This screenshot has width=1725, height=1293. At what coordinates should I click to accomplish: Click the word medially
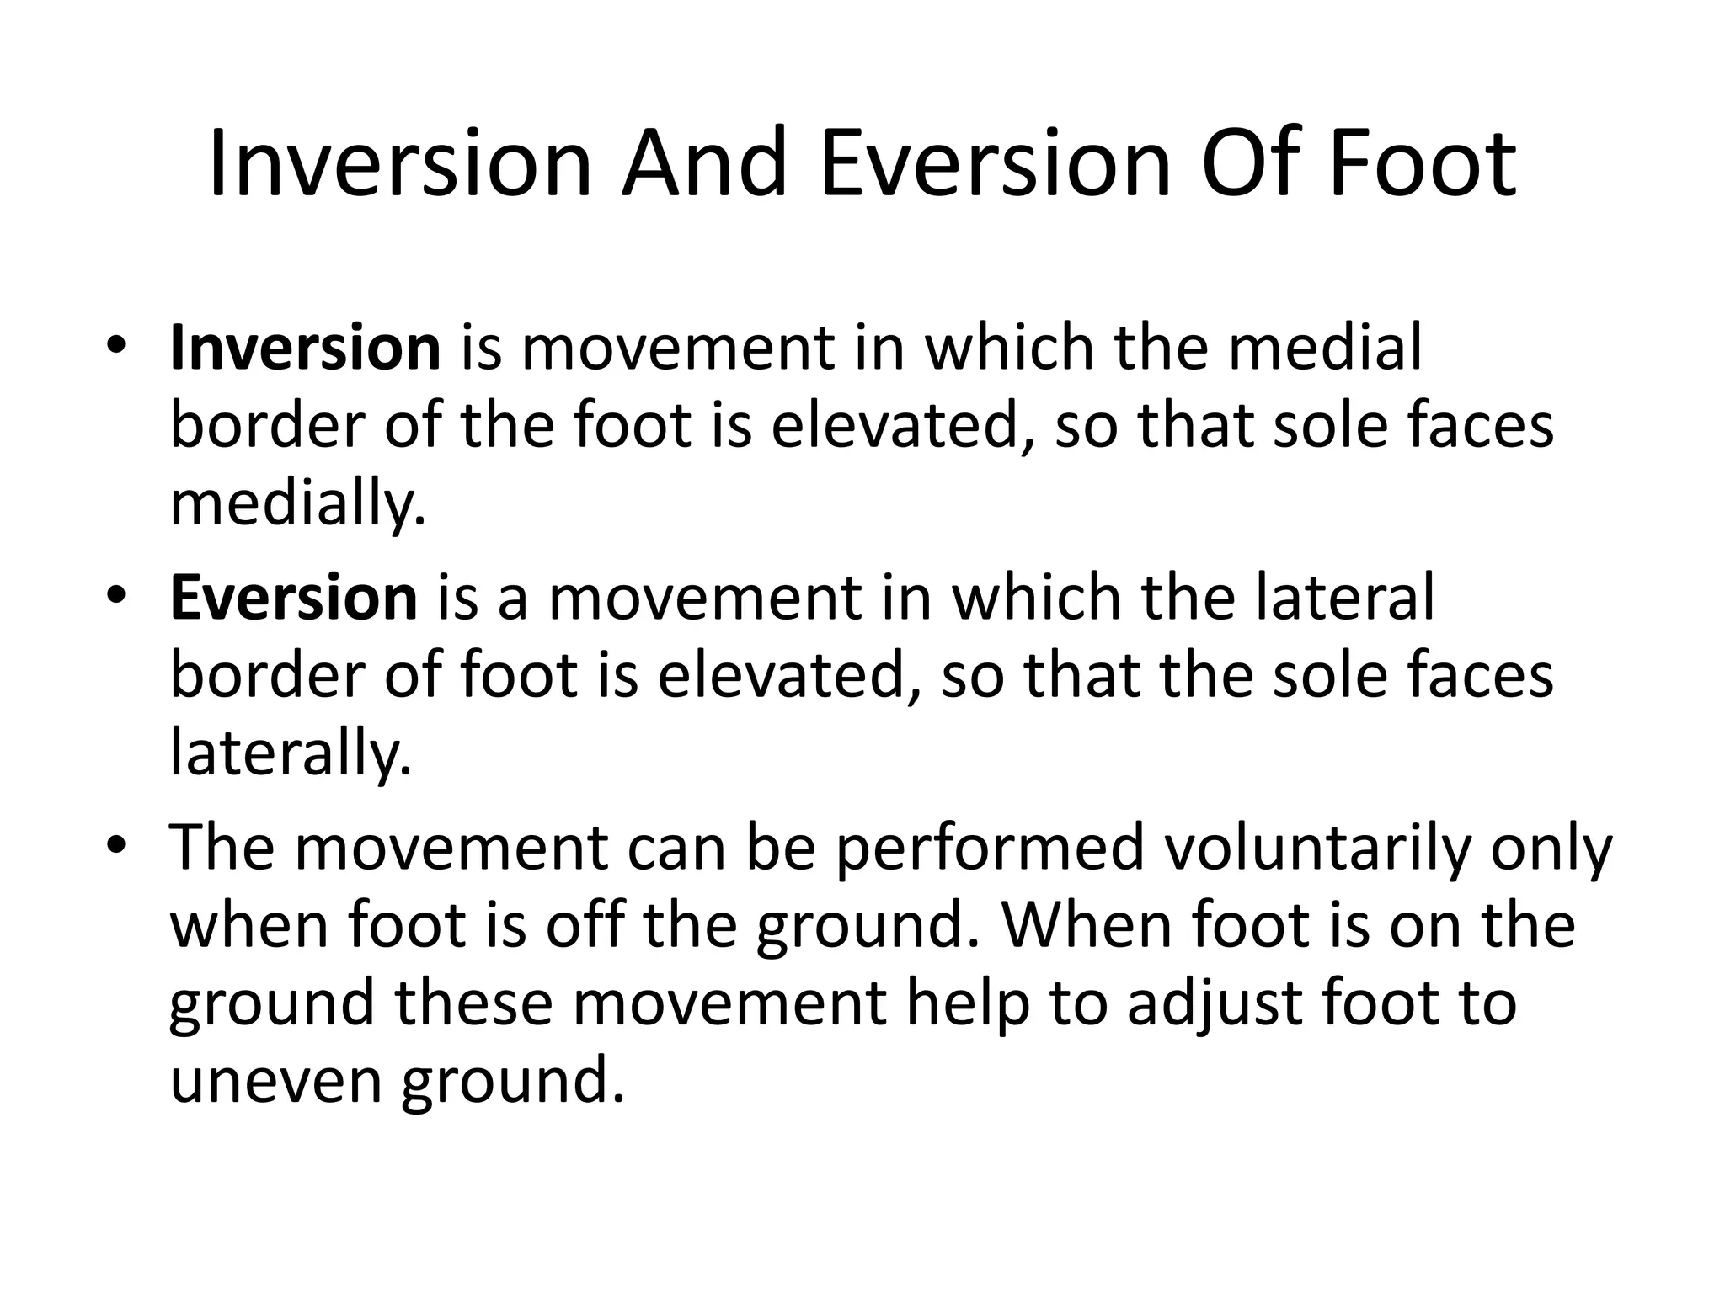tap(297, 504)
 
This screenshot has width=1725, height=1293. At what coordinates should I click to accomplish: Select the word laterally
tap(291, 753)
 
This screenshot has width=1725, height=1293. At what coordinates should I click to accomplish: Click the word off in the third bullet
tap(584, 925)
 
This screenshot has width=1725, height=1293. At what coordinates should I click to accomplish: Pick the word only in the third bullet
tap(1551, 848)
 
